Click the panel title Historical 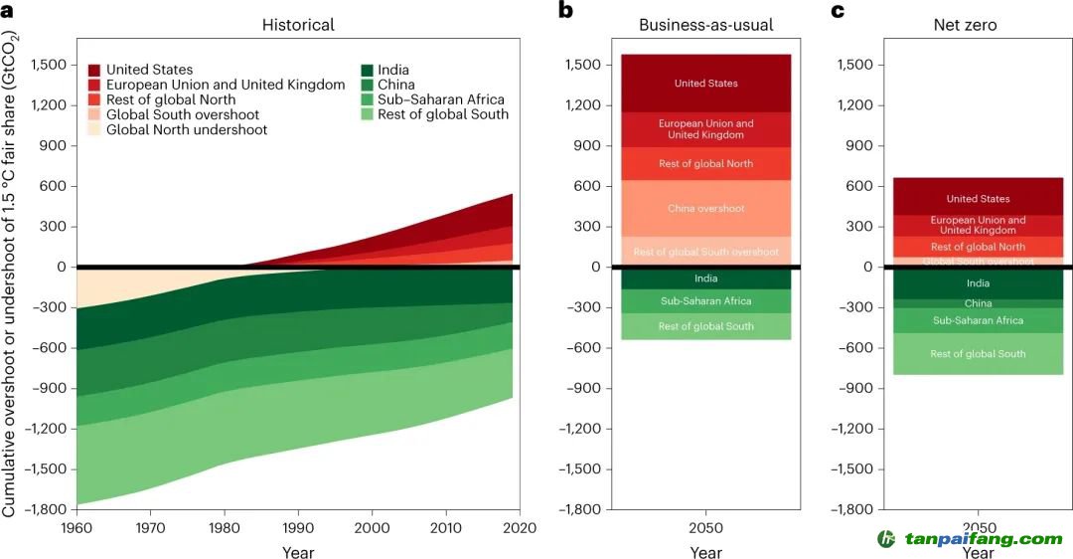click(x=298, y=24)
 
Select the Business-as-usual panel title click(x=705, y=24)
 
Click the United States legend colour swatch click(x=93, y=70)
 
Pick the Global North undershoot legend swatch click(x=93, y=129)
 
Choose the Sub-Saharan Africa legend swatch click(x=368, y=99)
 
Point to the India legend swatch click(x=368, y=70)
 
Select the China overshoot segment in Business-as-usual click(x=705, y=209)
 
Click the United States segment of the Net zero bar click(x=978, y=198)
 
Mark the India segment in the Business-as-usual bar click(x=705, y=279)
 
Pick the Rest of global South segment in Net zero click(x=978, y=354)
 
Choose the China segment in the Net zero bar click(x=978, y=303)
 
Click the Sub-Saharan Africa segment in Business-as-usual click(x=705, y=300)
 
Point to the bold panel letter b click(x=565, y=11)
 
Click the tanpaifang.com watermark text click(x=983, y=539)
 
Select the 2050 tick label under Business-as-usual click(x=705, y=528)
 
